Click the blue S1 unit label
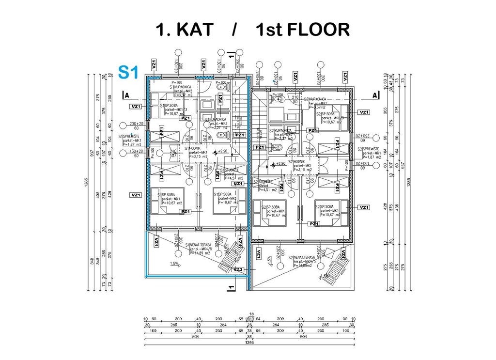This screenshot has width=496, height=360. pyautogui.click(x=128, y=72)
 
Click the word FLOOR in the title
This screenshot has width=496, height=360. pyautogui.click(x=317, y=30)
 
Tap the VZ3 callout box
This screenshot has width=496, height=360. pyautogui.click(x=238, y=269)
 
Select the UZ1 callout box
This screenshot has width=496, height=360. pyautogui.click(x=238, y=184)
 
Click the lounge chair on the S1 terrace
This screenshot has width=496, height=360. pyautogui.click(x=232, y=257)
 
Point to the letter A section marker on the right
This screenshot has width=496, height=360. pyautogui.click(x=375, y=95)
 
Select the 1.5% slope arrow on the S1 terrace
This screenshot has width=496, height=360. pyautogui.click(x=174, y=264)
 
